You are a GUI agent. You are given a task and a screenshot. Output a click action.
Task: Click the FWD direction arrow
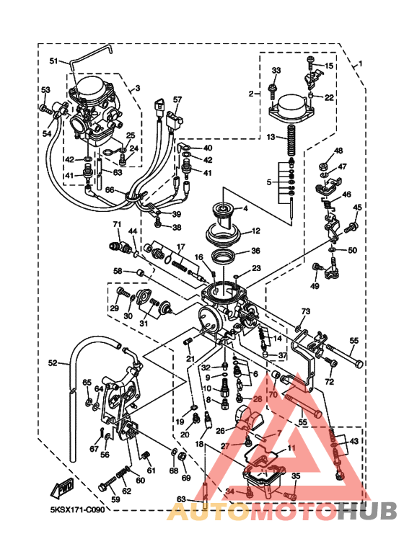pyautogui.click(x=60, y=488)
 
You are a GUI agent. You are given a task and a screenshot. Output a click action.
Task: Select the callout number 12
pyautogui.click(x=255, y=232)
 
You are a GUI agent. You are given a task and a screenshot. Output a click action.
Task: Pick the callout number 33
pyautogui.click(x=276, y=70)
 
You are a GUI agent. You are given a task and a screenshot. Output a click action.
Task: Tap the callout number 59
pyautogui.click(x=114, y=499)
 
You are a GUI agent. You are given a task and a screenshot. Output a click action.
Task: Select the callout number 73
pyautogui.click(x=305, y=311)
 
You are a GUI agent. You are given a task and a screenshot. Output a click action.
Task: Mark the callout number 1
pyautogui.click(x=359, y=63)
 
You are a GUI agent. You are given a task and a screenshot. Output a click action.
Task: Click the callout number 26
pyautogui.click(x=221, y=431)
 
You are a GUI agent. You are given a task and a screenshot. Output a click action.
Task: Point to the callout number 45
pyautogui.click(x=356, y=208)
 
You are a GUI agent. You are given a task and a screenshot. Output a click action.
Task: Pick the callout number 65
pyautogui.click(x=87, y=382)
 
